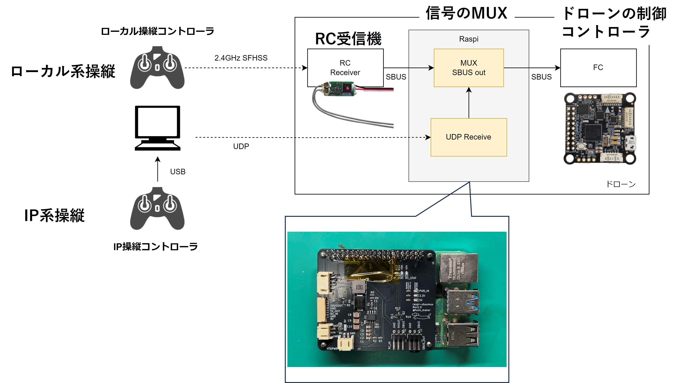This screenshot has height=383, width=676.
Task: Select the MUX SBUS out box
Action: (x=469, y=68)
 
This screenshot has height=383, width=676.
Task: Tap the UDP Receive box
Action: (x=469, y=137)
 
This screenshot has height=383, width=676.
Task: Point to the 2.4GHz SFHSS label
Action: (x=241, y=58)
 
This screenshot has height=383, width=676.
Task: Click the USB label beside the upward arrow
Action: (x=178, y=172)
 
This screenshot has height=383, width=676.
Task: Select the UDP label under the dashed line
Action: (x=241, y=146)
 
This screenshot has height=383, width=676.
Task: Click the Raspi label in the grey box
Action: (x=469, y=39)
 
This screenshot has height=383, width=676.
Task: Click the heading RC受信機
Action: (x=348, y=39)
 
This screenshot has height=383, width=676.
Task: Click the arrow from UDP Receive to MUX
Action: (x=469, y=103)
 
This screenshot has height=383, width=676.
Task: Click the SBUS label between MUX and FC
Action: (x=541, y=77)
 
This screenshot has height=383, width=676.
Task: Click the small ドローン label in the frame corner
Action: (x=621, y=184)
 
